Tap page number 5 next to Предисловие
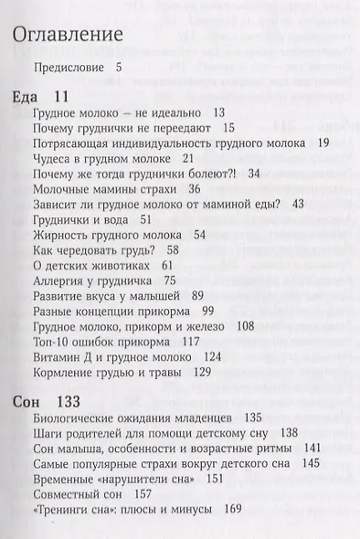[120, 67]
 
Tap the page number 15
[228, 128]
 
